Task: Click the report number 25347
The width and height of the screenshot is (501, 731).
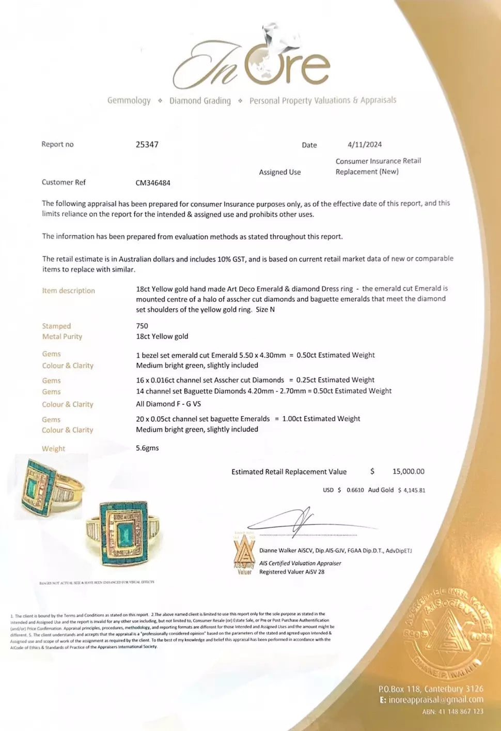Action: [147, 145]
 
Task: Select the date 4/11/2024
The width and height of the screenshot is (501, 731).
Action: [365, 145]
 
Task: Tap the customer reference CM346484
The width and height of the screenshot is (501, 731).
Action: [153, 182]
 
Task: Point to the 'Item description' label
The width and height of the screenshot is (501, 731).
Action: [68, 291]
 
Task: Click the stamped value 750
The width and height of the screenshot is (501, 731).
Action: [142, 326]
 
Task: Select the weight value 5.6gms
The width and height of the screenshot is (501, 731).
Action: [147, 448]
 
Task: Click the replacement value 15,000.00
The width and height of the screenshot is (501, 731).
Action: [408, 471]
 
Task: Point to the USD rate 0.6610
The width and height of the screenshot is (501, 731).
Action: [355, 490]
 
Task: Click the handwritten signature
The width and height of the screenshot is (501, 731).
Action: [305, 521]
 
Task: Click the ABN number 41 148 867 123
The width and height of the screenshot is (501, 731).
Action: [460, 711]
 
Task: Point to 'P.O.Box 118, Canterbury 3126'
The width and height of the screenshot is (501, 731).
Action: [431, 689]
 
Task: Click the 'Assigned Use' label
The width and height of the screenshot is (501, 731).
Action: [279, 172]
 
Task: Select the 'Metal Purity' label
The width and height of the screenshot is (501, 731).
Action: [62, 337]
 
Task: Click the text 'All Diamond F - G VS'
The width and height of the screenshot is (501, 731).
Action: [168, 404]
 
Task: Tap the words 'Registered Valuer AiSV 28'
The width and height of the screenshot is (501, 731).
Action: [292, 572]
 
